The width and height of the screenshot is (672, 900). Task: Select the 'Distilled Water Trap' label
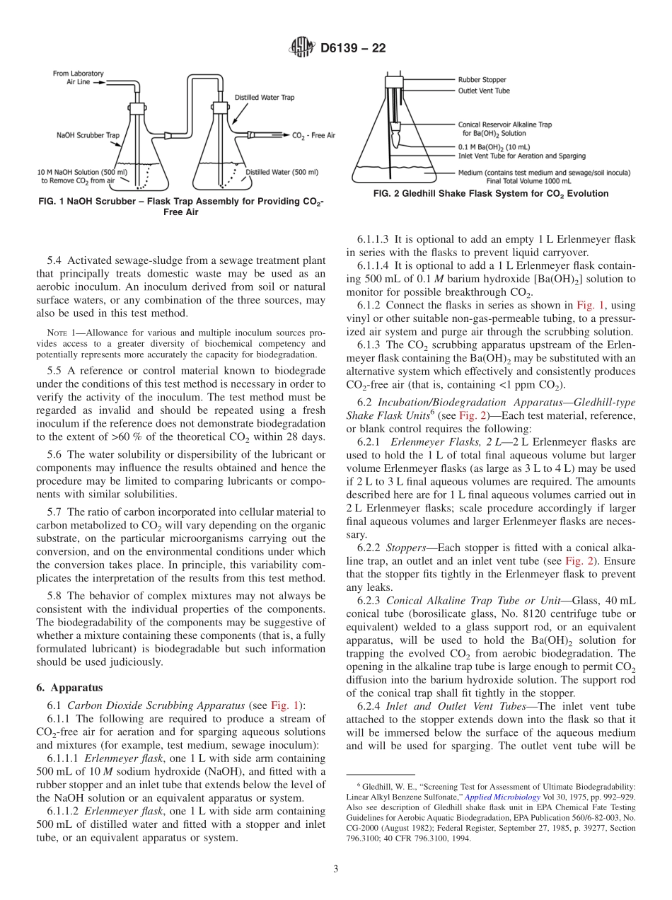(x=265, y=97)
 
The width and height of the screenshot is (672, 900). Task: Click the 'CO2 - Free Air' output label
(x=313, y=134)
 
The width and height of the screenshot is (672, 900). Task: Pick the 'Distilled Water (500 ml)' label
(x=282, y=172)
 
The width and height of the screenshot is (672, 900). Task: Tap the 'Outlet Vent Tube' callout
(x=484, y=91)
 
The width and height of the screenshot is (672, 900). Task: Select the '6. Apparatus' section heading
(x=69, y=687)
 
